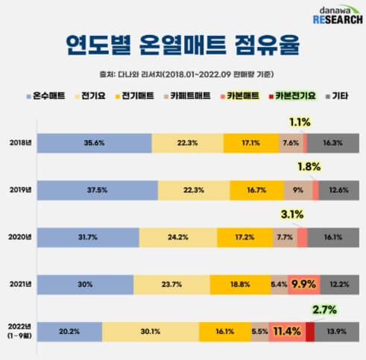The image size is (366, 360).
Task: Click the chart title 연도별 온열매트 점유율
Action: [182, 46]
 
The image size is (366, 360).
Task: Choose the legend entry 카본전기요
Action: [296, 96]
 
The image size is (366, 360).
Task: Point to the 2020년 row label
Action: [21, 238]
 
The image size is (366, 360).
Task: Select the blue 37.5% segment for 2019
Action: [97, 190]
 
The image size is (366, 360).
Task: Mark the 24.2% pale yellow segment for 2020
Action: [178, 238]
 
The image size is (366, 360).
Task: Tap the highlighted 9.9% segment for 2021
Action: [305, 284]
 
